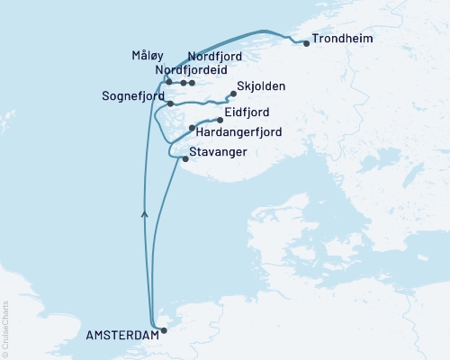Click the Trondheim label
click(341, 40)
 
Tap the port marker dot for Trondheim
click(306, 42)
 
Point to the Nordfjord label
click(215, 57)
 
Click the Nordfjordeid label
click(191, 70)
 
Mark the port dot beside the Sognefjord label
click(170, 104)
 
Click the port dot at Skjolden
click(233, 94)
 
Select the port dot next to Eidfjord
click(220, 119)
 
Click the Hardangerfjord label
click(238, 132)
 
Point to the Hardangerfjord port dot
click(192, 129)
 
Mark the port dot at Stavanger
click(186, 160)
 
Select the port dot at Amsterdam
click(163, 329)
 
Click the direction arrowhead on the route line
click(144, 213)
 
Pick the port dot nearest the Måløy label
click(168, 82)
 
